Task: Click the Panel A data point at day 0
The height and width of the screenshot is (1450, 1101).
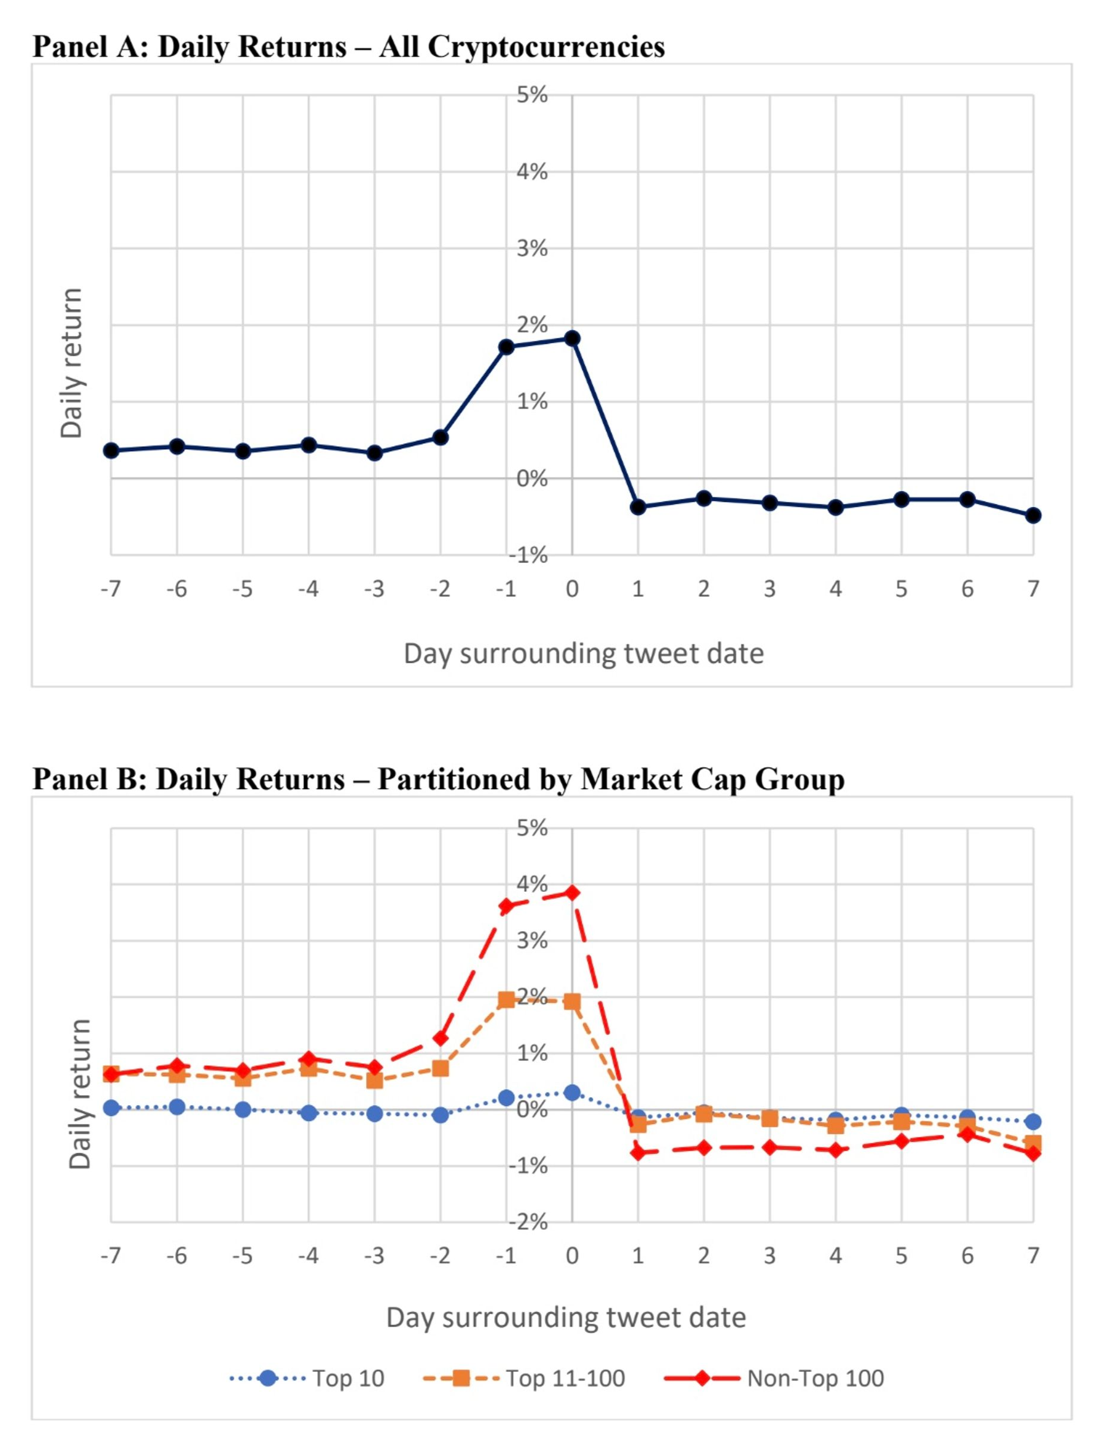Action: point(572,338)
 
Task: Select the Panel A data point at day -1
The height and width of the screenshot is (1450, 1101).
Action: point(505,347)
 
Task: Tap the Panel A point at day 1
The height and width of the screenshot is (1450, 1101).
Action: point(638,507)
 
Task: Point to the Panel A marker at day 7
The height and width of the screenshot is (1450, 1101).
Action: point(1033,515)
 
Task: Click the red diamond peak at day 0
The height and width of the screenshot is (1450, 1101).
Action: point(572,893)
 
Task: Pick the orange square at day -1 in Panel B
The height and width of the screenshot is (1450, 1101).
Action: point(505,1000)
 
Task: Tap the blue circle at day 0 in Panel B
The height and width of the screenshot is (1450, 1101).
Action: point(572,1093)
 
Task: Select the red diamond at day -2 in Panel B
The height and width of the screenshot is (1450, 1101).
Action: point(441,1038)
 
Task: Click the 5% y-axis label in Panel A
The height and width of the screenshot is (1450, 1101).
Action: point(532,95)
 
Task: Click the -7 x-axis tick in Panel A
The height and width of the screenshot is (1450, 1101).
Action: point(111,589)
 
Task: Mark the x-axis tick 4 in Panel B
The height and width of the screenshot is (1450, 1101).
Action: point(835,1255)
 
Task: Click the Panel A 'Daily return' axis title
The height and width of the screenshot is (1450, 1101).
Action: point(71,363)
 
